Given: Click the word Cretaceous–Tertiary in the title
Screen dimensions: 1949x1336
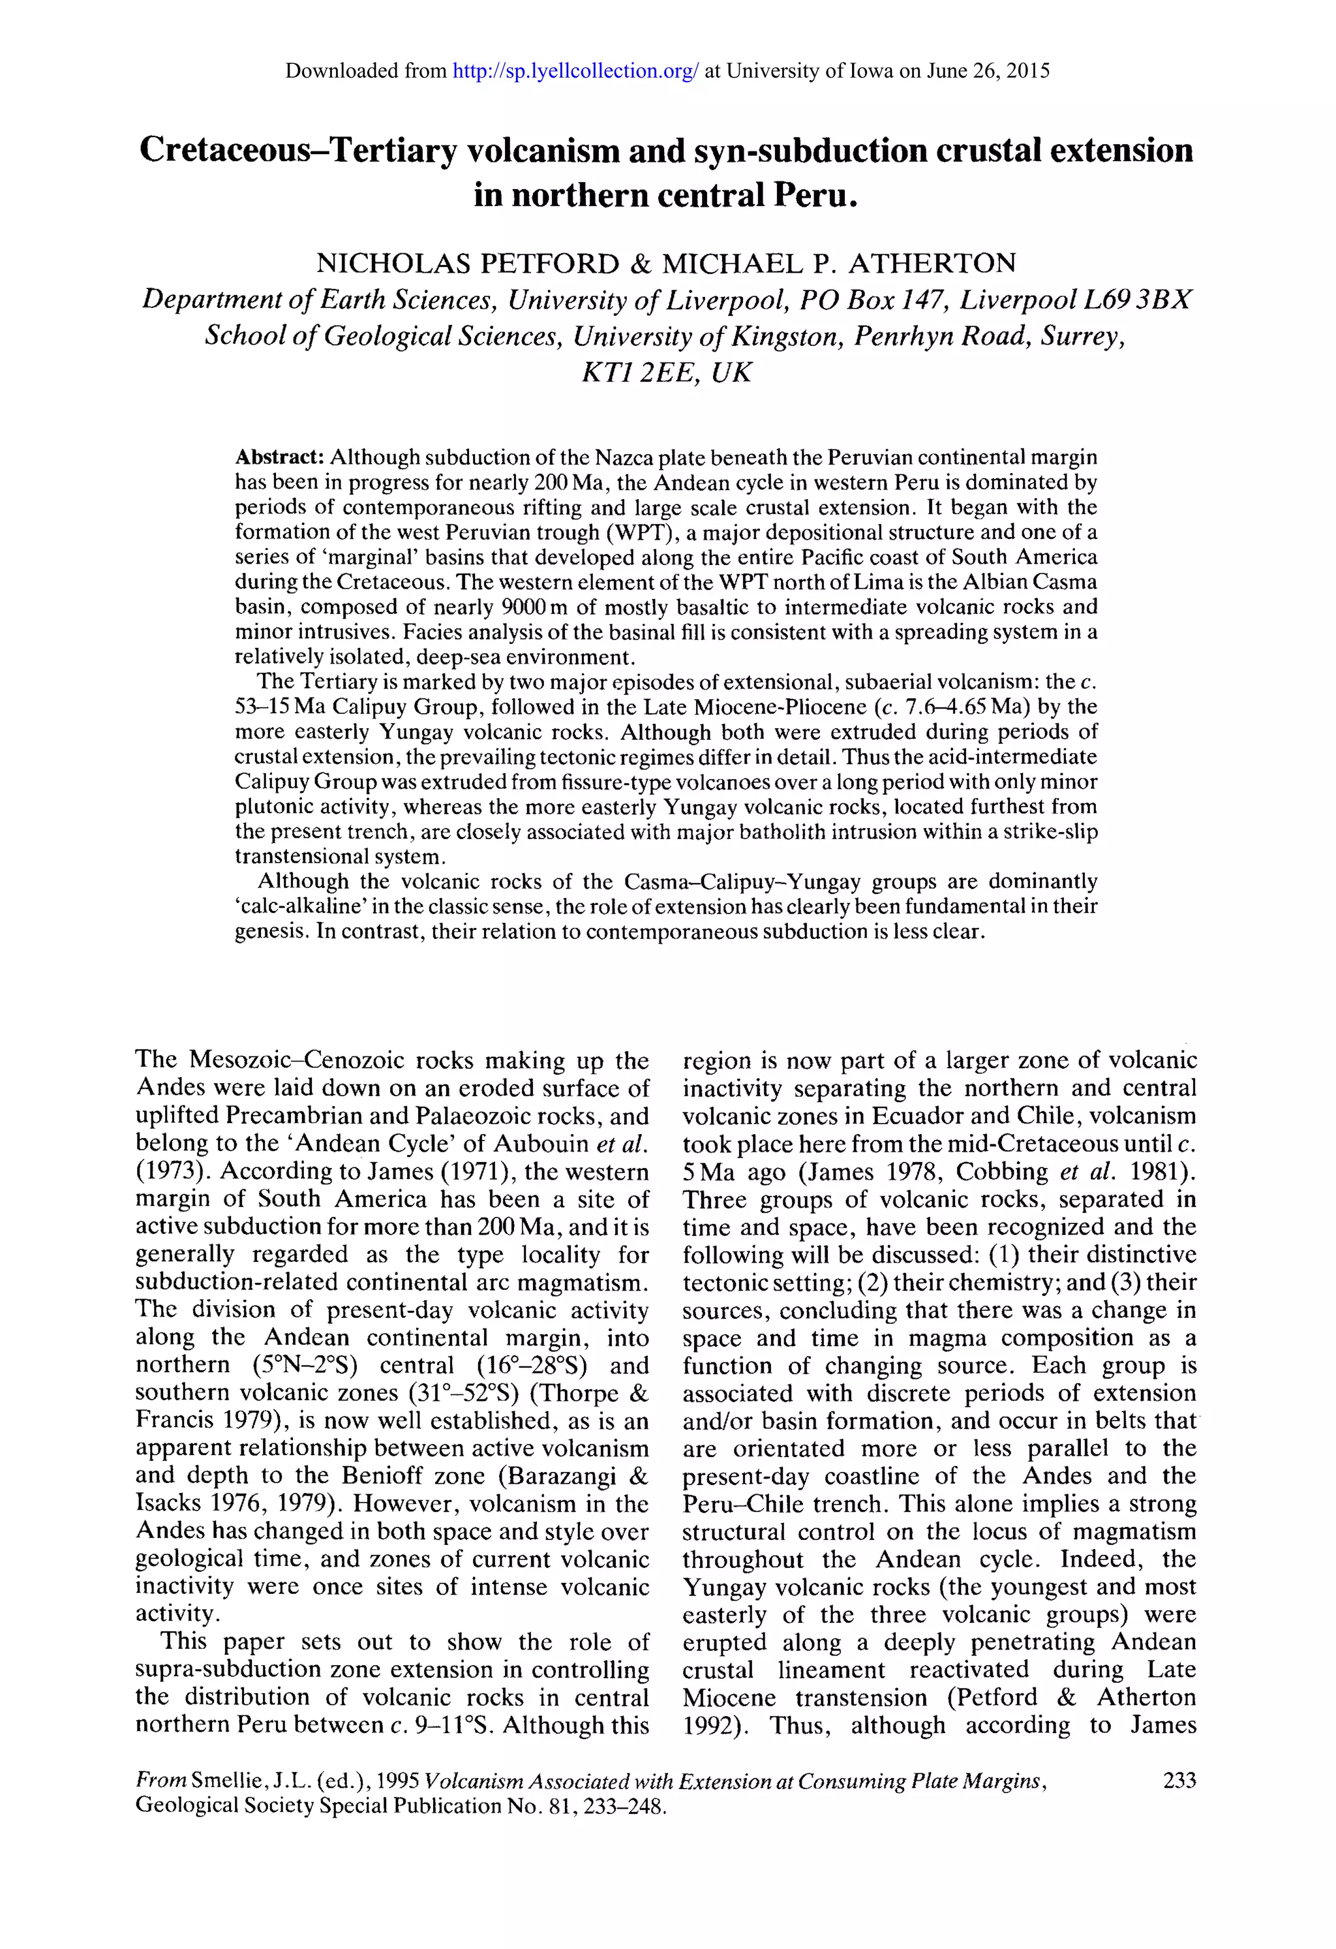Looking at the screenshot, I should tap(297, 151).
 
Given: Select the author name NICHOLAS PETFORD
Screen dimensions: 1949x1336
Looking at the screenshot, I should tap(467, 264).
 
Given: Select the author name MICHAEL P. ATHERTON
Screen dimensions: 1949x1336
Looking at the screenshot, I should tap(839, 264).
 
